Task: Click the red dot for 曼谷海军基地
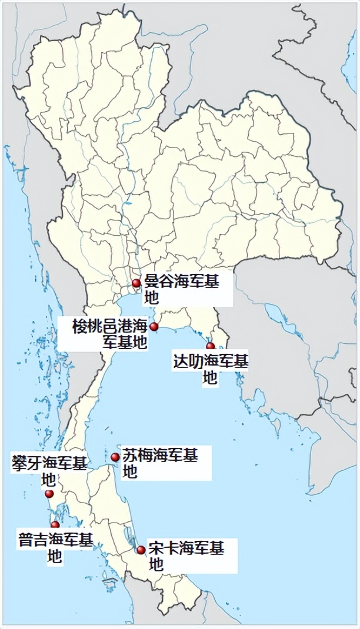click(x=136, y=283)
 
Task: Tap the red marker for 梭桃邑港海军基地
click(x=154, y=327)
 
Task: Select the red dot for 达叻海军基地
click(x=210, y=346)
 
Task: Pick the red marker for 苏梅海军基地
click(x=115, y=457)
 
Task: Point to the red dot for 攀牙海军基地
click(x=49, y=494)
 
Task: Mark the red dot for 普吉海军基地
click(x=55, y=524)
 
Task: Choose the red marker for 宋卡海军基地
click(x=141, y=550)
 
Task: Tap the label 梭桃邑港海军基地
click(x=110, y=334)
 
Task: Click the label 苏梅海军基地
click(x=159, y=463)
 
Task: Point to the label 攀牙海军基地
click(x=49, y=470)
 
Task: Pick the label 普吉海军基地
click(x=55, y=548)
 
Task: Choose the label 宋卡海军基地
click(x=186, y=557)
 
